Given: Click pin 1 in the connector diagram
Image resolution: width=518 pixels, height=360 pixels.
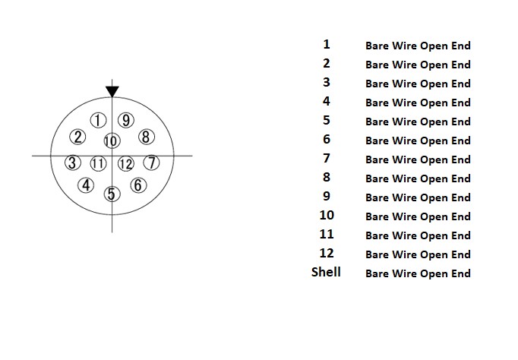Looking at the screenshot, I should (x=98, y=120).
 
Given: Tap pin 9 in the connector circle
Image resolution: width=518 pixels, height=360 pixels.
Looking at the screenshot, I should (x=126, y=120).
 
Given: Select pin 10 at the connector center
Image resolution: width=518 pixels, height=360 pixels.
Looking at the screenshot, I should (x=112, y=141).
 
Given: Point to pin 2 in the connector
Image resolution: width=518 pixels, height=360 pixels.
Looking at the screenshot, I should (x=77, y=137).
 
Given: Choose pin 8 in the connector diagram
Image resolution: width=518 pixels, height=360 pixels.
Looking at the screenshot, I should (x=147, y=137).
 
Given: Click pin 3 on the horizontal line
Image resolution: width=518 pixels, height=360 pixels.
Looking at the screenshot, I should (x=72, y=163).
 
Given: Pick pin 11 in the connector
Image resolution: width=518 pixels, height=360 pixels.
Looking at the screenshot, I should (x=98, y=163).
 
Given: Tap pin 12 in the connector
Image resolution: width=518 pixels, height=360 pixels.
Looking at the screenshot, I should (x=126, y=163).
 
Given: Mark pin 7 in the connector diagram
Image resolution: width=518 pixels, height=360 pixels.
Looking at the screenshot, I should (x=151, y=163).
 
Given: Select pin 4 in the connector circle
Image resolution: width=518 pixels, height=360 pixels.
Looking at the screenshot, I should (x=87, y=185).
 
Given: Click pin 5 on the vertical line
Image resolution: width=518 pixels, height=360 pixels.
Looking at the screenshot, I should (x=112, y=194).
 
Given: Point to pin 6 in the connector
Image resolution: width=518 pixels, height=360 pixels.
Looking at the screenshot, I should (x=137, y=185).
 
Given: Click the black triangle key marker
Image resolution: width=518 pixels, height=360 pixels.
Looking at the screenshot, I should (x=112, y=91).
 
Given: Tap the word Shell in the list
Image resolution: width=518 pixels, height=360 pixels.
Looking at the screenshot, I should (x=326, y=272).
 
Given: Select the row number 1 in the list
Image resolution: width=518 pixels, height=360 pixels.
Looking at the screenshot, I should (x=327, y=44).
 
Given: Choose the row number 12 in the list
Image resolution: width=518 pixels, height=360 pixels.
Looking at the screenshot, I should (x=327, y=253).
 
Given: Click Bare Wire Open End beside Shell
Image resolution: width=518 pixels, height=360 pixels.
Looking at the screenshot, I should (x=418, y=273).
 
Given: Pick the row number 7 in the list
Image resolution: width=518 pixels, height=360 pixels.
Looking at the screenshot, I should (x=327, y=158).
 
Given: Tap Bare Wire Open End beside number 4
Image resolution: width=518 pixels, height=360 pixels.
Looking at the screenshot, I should (x=418, y=103).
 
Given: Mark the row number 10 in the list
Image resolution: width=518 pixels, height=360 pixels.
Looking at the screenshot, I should (x=327, y=215).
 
